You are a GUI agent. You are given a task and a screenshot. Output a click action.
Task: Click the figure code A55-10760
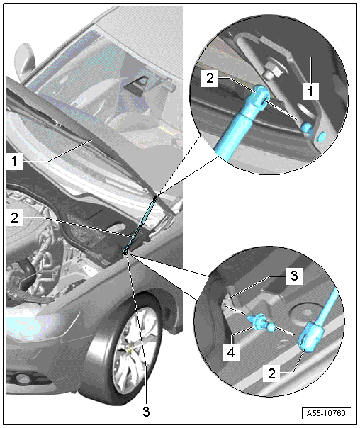click(x=326, y=412)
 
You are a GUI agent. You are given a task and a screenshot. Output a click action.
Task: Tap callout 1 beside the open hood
click(x=14, y=162)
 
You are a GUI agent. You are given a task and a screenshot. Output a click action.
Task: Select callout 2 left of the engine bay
click(x=14, y=218)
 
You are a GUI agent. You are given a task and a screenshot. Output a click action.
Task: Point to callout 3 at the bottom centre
click(x=146, y=412)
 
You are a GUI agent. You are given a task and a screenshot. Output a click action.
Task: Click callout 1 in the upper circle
click(x=310, y=91)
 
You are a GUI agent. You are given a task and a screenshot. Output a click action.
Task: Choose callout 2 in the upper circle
click(x=210, y=79)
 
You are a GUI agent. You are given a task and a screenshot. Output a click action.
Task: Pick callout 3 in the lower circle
click(x=294, y=276)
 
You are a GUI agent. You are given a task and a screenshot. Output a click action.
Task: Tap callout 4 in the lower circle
click(x=231, y=352)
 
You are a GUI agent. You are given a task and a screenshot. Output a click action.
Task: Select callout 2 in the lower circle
click(x=271, y=373)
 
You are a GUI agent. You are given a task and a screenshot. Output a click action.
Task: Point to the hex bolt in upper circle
click(x=273, y=72)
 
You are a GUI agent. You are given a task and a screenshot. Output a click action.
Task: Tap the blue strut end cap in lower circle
click(x=311, y=337)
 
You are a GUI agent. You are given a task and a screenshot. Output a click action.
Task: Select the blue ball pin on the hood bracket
click(x=307, y=128)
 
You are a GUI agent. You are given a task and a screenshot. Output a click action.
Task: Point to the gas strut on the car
click(x=140, y=225)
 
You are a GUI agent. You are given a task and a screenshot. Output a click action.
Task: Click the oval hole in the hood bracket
click(x=305, y=109)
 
